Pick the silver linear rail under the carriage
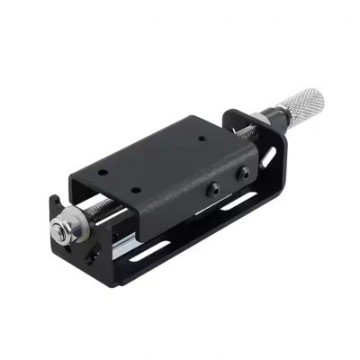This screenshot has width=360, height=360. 126,236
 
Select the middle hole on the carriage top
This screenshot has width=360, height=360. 136,188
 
